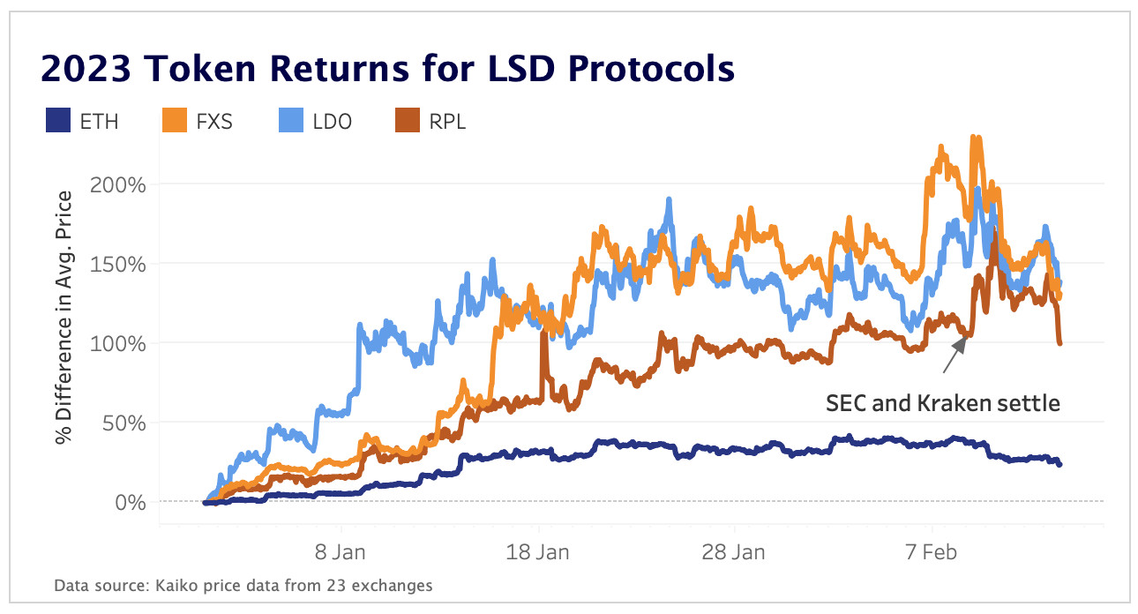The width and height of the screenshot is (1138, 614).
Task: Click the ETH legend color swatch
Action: click(57, 121)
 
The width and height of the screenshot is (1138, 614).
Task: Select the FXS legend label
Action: click(214, 122)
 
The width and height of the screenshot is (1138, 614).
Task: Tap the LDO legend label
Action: click(333, 122)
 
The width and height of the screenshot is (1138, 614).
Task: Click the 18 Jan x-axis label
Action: click(538, 552)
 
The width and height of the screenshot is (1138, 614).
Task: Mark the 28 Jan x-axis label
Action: click(735, 552)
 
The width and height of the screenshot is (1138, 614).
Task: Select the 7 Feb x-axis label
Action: click(932, 552)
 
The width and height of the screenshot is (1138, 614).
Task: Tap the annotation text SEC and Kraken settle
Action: click(942, 404)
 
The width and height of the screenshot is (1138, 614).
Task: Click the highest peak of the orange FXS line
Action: click(974, 139)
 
